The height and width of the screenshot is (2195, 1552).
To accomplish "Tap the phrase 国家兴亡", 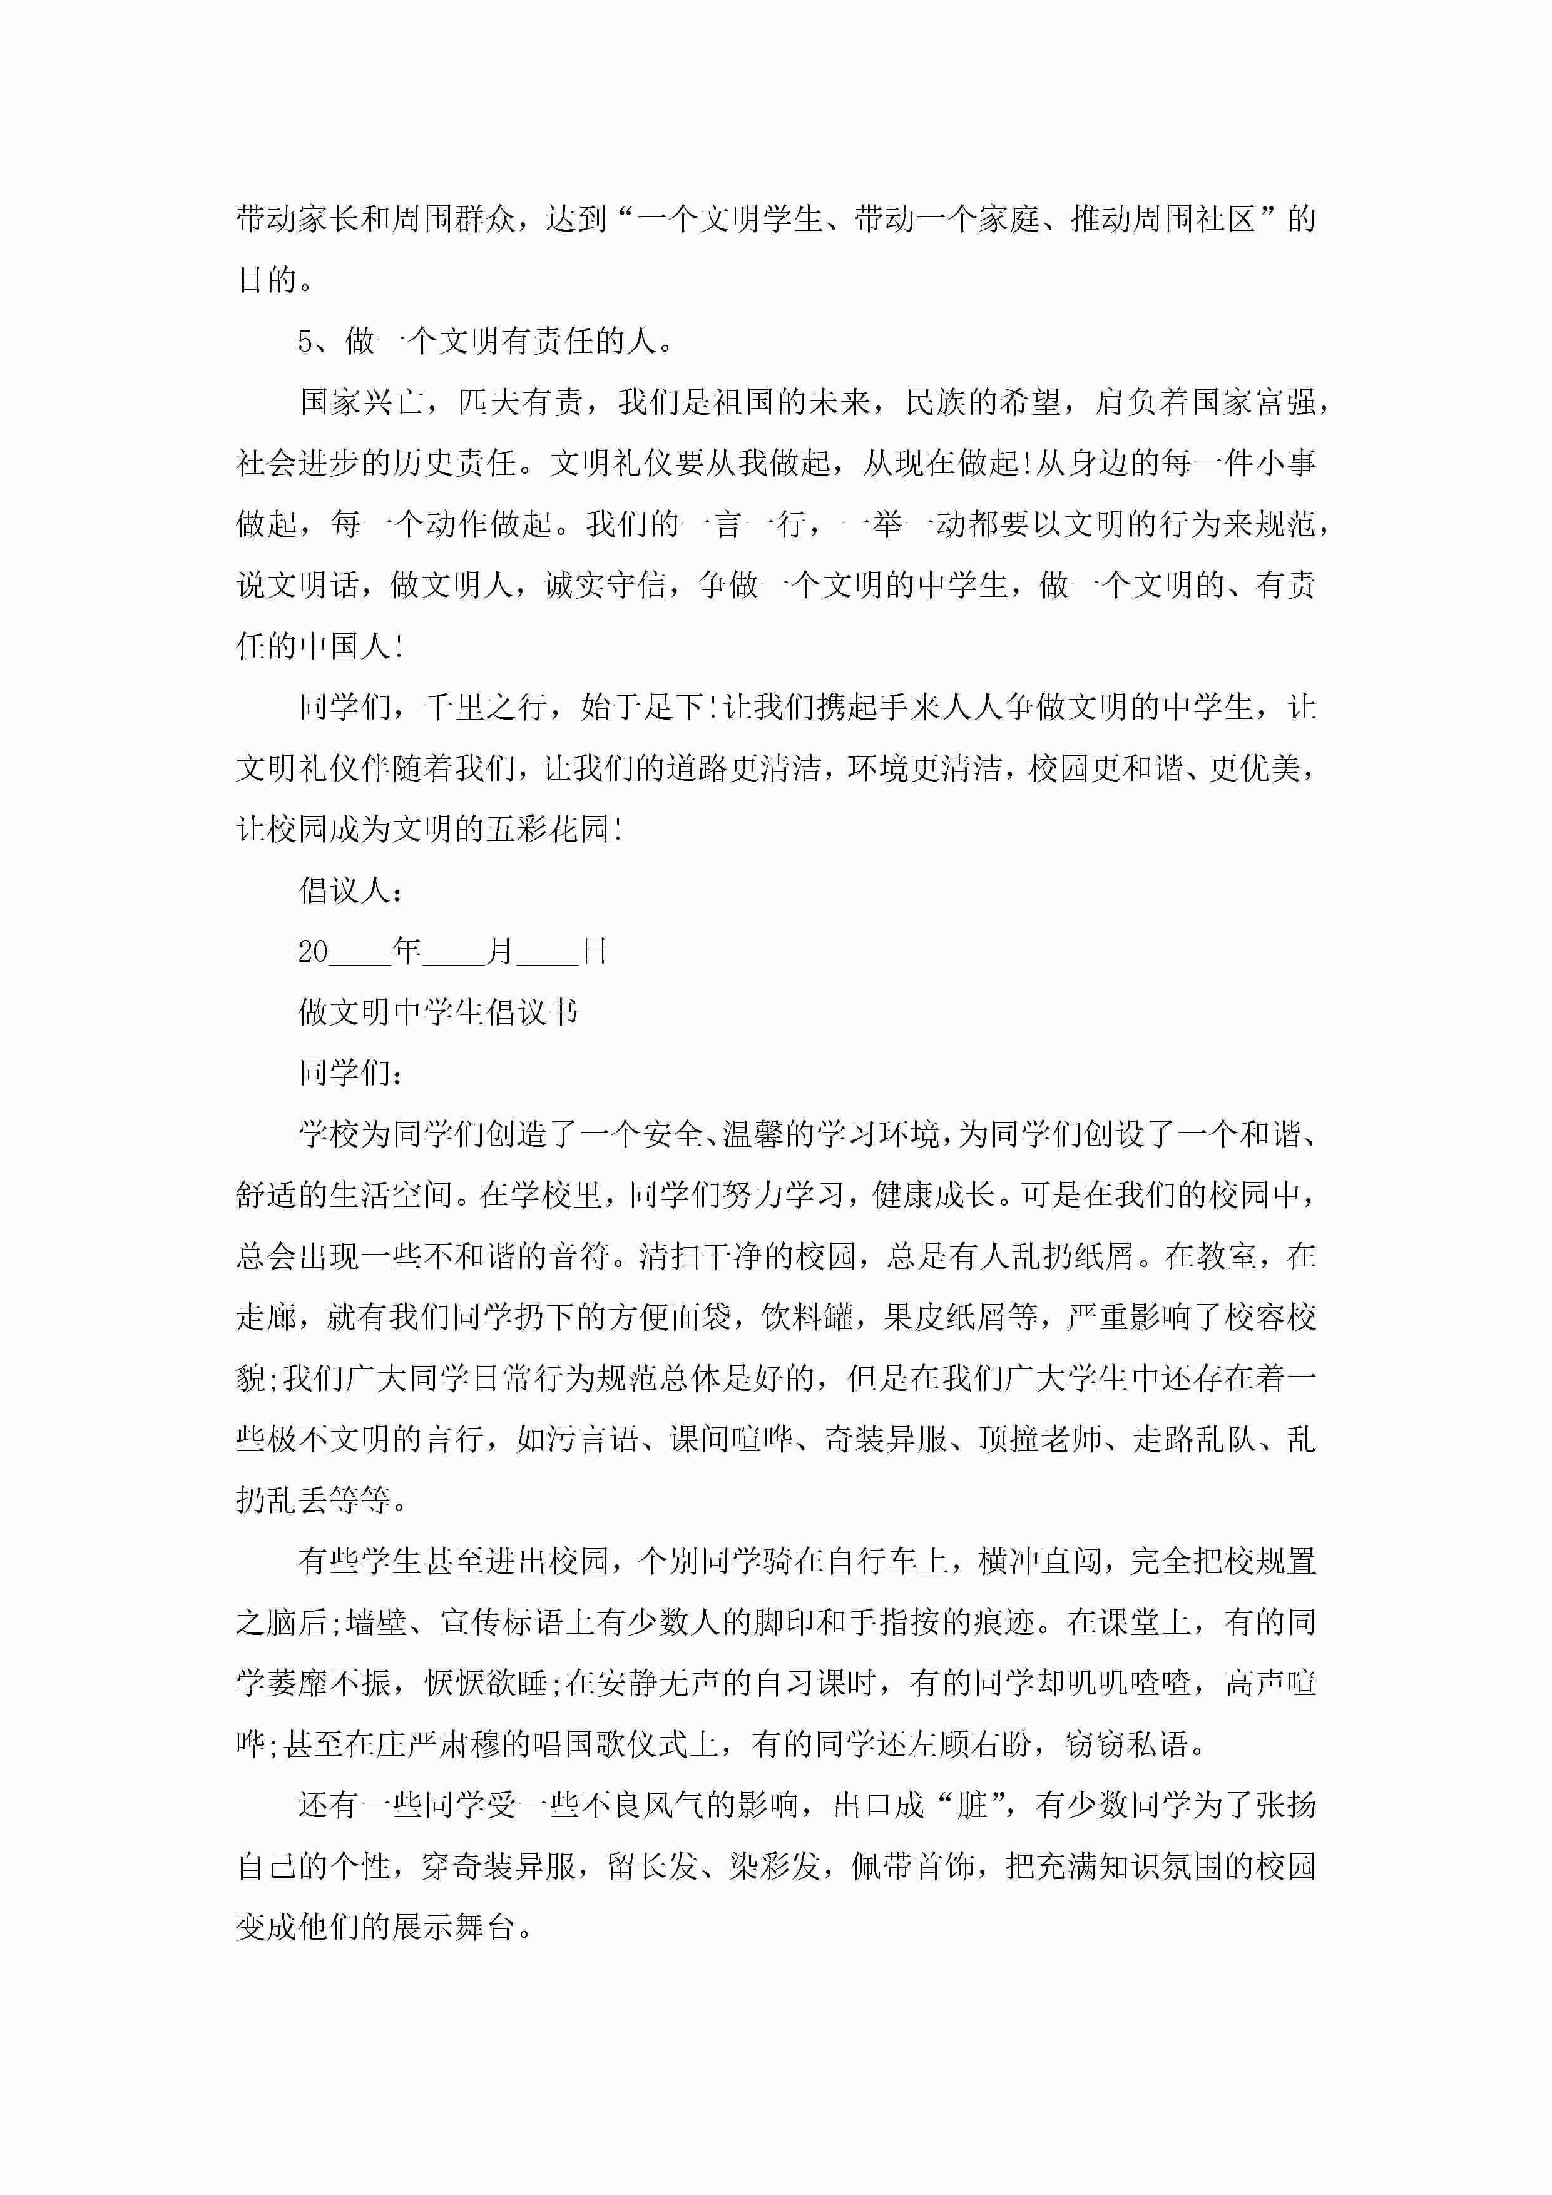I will [x=360, y=402].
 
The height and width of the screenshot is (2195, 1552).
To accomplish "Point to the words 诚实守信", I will [x=605, y=585].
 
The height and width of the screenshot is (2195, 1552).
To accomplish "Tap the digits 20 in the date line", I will [x=313, y=951].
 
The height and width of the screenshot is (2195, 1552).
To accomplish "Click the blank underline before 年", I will [x=360, y=956].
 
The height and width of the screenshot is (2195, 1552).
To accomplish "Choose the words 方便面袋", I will [x=670, y=1317].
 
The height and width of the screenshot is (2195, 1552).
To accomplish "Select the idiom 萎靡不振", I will [x=329, y=1683].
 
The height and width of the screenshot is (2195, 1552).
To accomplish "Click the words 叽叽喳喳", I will [x=1131, y=1683].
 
